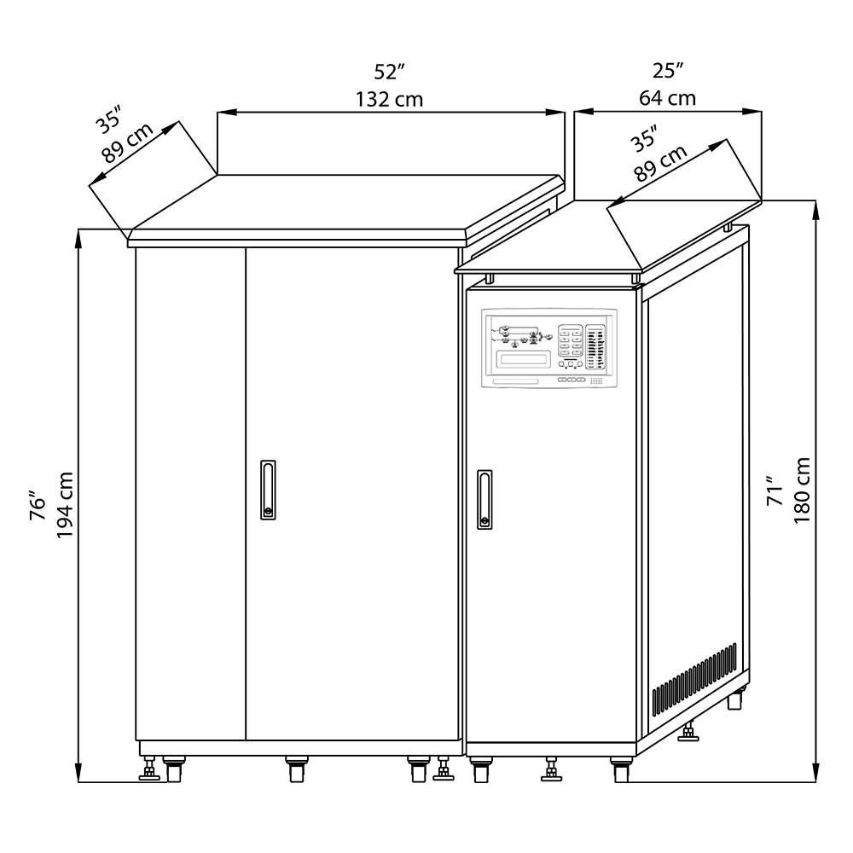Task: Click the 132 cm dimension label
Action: [389, 100]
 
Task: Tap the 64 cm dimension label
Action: [668, 98]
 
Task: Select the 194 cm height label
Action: [66, 505]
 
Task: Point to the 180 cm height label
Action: [802, 490]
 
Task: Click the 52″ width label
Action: [390, 72]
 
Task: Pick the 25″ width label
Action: [668, 71]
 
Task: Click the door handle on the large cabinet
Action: [268, 490]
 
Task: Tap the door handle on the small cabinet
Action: [485, 499]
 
